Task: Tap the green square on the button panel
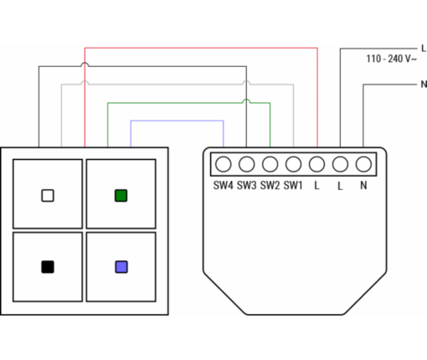tap(121, 196)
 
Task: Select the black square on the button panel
tap(48, 267)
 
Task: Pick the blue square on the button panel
tap(121, 267)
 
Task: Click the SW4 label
tap(223, 185)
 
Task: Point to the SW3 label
tap(246, 185)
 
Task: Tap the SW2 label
tap(270, 185)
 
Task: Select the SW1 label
tap(293, 185)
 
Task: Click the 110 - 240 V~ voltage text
tap(392, 59)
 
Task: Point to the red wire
tap(201, 48)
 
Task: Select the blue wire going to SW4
tap(177, 121)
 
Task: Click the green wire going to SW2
tap(188, 103)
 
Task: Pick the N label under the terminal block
tap(363, 185)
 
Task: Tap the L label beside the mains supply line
tap(424, 49)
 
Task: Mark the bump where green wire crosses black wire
tap(246, 100)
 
